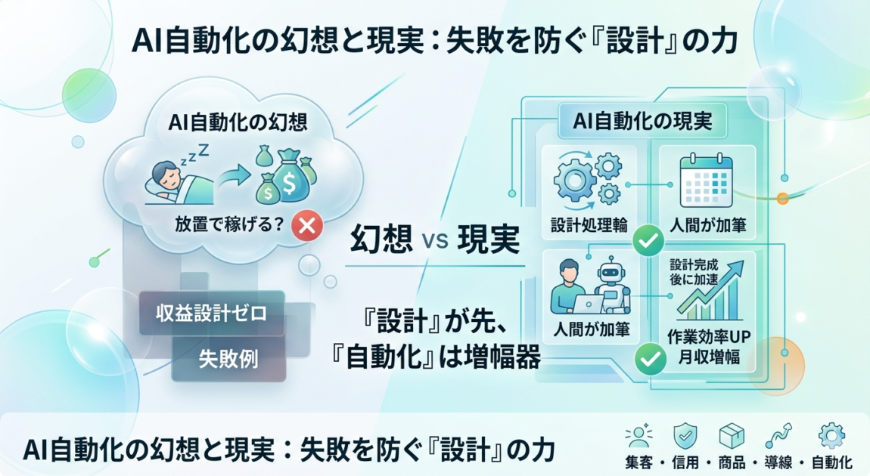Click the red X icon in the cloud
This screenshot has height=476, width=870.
pyautogui.click(x=307, y=224)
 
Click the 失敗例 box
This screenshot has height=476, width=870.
pyautogui.click(x=228, y=358)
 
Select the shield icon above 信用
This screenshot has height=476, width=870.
pyautogui.click(x=685, y=435)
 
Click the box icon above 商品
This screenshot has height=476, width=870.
pyautogui.click(x=731, y=435)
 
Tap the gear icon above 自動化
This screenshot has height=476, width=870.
pyautogui.click(x=831, y=435)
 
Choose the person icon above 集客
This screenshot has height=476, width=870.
pyautogui.click(x=639, y=435)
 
